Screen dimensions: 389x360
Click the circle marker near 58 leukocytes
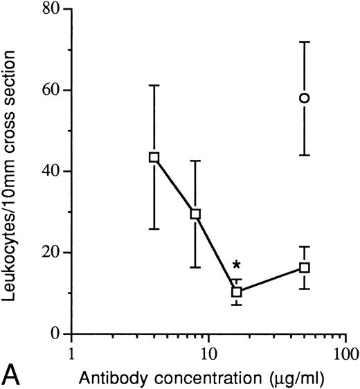tap(304, 98)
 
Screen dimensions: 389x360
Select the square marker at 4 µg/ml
tap(154, 157)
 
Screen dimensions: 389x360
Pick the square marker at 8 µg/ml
tap(195, 214)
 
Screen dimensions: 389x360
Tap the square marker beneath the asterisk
tap(237, 291)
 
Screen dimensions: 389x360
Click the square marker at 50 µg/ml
tap(304, 267)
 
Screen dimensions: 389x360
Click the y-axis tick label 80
tap(48, 10)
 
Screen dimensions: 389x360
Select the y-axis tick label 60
tap(48, 91)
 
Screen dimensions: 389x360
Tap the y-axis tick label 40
tap(48, 172)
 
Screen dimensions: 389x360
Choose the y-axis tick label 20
tap(48, 253)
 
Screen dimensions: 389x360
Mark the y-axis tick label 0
tap(53, 334)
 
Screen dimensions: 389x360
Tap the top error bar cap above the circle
tap(304, 42)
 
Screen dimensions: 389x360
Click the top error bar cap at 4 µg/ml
tap(154, 85)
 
